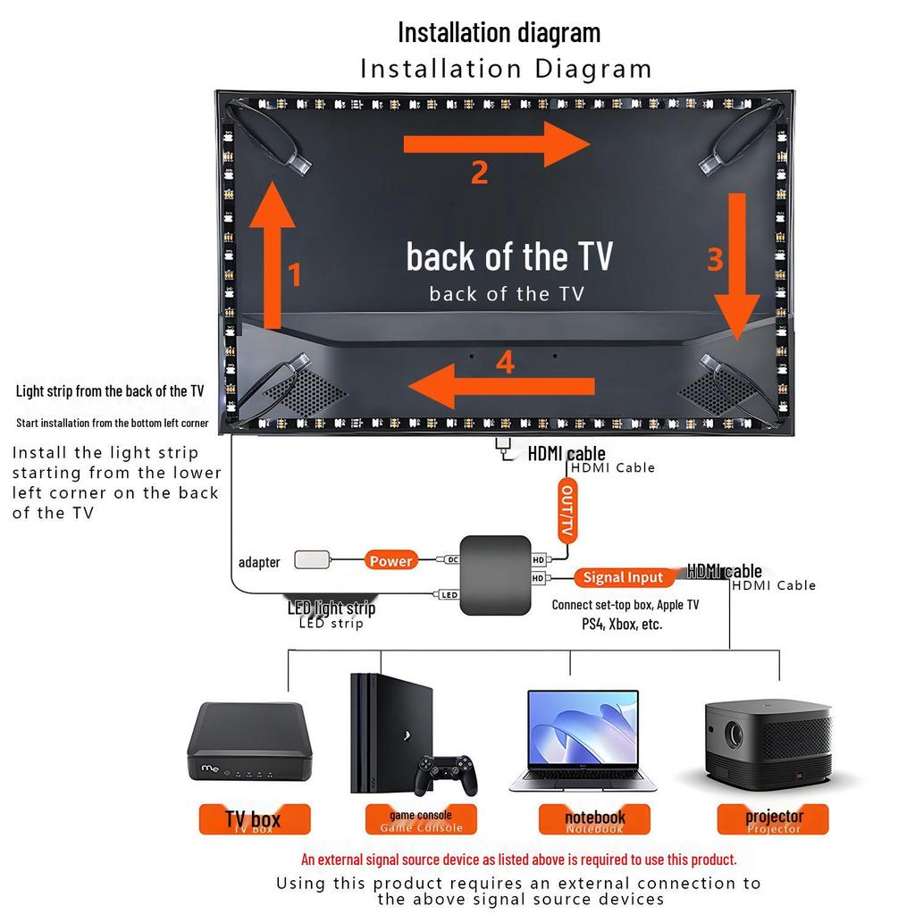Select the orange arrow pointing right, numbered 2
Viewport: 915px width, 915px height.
pos(496,144)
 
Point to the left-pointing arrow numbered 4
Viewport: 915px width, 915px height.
pos(500,386)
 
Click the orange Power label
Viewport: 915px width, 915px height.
pos(391,560)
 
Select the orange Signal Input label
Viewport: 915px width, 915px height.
pos(623,577)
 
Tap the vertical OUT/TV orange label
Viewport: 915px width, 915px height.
pos(566,509)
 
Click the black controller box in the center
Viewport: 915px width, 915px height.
pos(495,575)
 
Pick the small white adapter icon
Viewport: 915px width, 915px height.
pos(311,560)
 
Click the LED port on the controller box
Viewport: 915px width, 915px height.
pos(449,594)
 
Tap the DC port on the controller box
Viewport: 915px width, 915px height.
pos(451,560)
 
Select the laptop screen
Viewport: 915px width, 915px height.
pos(583,727)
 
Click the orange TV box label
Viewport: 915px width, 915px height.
pos(254,819)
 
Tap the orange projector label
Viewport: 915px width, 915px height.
pos(775,818)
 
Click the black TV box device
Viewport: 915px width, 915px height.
pos(246,742)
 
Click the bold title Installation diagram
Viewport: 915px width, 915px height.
pos(499,32)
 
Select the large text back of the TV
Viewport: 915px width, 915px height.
pos(509,256)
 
